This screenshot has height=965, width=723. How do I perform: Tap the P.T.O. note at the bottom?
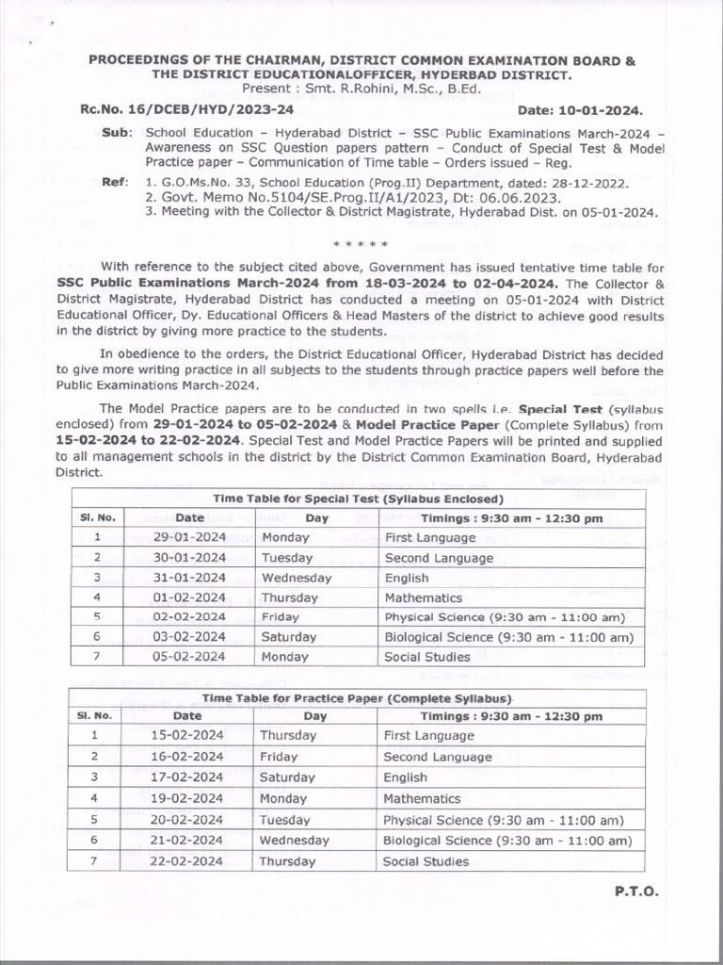pos(637,891)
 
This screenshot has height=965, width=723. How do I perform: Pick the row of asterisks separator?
pos(361,244)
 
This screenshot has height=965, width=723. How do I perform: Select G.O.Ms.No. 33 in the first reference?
pos(201,180)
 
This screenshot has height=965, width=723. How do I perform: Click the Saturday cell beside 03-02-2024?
pos(288,637)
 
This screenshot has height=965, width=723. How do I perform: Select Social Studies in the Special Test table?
pos(426,657)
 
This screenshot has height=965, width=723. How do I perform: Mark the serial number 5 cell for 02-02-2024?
pos(97,617)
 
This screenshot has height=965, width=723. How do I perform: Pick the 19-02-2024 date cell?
pos(188,798)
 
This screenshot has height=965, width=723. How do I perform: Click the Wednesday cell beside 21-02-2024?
pos(295,840)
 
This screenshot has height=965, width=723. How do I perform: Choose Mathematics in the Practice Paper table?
pos(422,798)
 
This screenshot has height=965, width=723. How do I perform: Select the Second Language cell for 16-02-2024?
pos(438,757)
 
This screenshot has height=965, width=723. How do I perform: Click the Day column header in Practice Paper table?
pos(314,716)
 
